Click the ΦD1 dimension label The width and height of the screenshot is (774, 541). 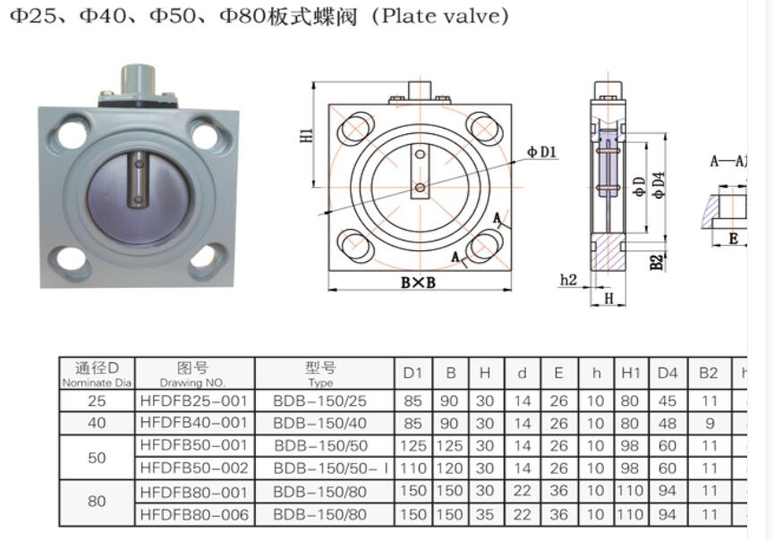point(541,152)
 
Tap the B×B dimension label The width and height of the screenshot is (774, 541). point(418,282)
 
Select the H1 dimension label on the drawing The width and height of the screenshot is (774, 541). point(306,136)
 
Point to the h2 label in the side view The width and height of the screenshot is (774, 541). point(567,280)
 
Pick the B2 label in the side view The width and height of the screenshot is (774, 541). point(657,261)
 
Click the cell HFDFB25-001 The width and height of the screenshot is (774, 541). point(193,401)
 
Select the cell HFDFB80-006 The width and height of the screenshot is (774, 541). point(193,514)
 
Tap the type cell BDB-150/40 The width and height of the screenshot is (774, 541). point(320,423)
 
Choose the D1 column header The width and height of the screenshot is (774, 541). point(412,373)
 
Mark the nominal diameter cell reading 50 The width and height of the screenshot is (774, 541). point(97,457)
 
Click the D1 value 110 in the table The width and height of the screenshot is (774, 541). point(412,469)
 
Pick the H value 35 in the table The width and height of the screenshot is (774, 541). point(485,514)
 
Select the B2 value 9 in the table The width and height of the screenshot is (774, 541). point(709,423)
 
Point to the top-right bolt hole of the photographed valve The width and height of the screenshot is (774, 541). point(205,136)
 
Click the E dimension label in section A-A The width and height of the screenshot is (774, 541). point(733,238)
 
